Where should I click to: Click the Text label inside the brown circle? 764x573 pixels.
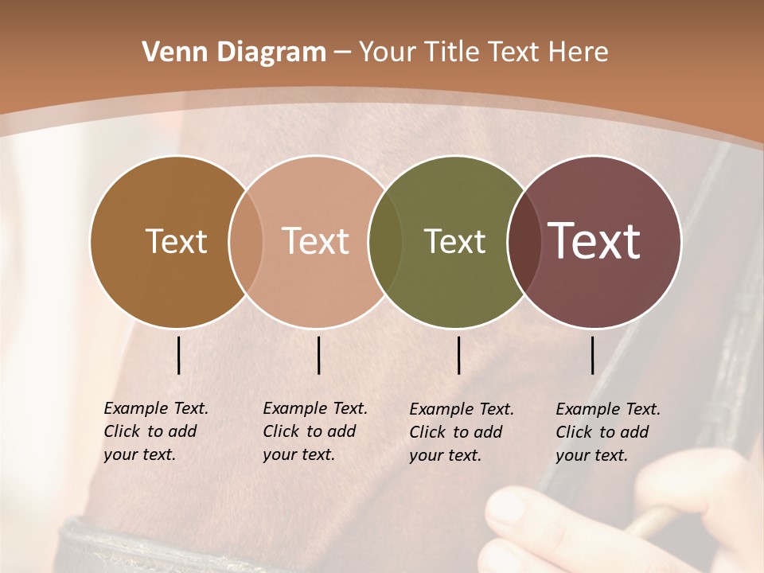pyautogui.click(x=176, y=242)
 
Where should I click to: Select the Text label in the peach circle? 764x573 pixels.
pyautogui.click(x=316, y=242)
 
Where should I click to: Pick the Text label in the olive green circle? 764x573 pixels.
pyautogui.click(x=454, y=242)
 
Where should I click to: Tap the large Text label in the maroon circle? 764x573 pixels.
pyautogui.click(x=594, y=242)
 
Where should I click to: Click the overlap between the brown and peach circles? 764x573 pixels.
pyautogui.click(x=246, y=242)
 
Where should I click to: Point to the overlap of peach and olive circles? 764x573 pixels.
pyautogui.click(x=386, y=242)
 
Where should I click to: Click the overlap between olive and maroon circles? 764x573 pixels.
pyautogui.click(x=523, y=242)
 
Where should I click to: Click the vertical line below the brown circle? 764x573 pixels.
pyautogui.click(x=179, y=355)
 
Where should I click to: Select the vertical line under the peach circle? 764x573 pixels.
pyautogui.click(x=318, y=355)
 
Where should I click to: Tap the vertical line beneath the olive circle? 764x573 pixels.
pyautogui.click(x=459, y=355)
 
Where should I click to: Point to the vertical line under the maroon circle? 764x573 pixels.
pyautogui.click(x=593, y=355)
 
